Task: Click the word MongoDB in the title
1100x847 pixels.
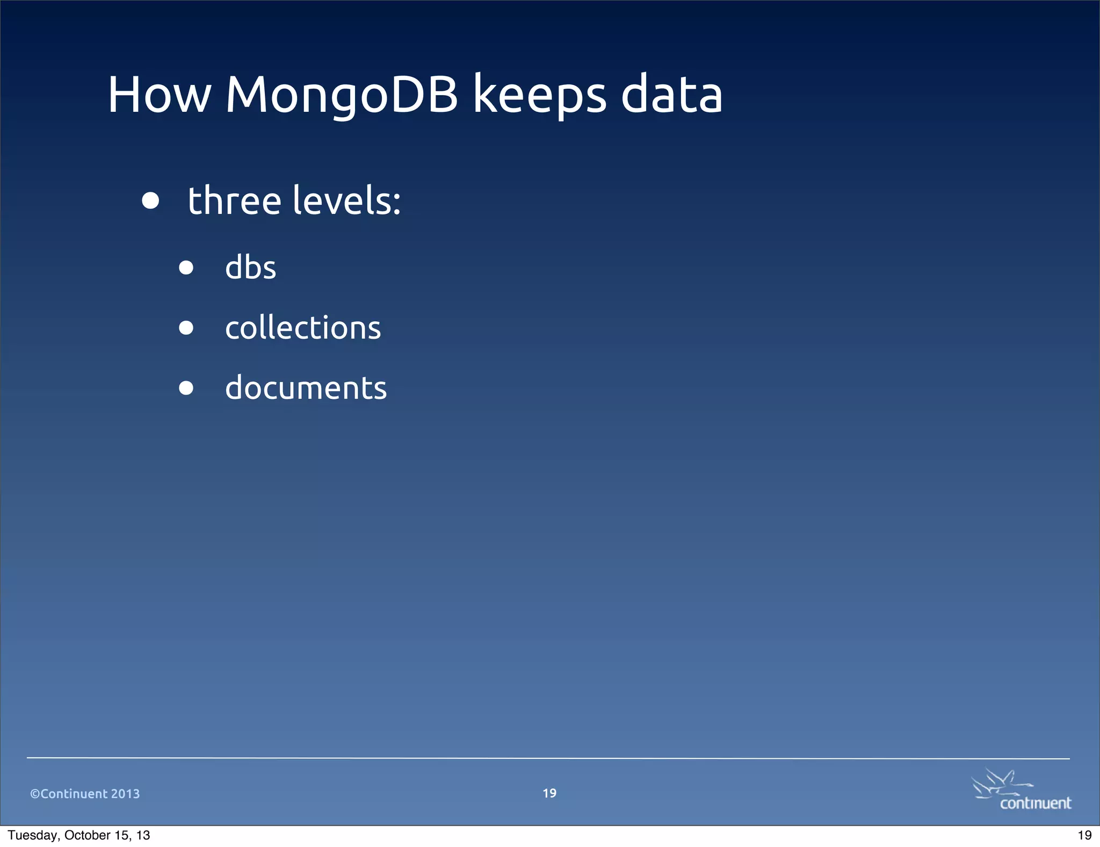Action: click(342, 95)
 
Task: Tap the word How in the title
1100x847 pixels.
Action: click(160, 95)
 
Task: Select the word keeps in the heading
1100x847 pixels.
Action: click(540, 95)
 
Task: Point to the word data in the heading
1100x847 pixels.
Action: click(672, 95)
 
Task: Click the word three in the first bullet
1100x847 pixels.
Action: click(235, 200)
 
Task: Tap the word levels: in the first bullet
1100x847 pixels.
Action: click(347, 200)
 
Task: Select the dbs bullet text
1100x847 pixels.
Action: click(250, 267)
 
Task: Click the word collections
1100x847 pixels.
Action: click(303, 327)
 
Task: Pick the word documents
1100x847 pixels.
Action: click(306, 387)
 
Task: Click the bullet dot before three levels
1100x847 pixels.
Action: click(150, 200)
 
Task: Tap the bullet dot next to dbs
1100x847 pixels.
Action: click(186, 268)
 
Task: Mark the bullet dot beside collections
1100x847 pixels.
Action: click(186, 328)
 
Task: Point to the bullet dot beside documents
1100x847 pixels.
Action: click(186, 388)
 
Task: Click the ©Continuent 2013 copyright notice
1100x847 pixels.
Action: click(85, 794)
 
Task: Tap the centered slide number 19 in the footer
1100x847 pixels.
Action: click(549, 793)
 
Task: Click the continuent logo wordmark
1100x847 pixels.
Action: click(1035, 803)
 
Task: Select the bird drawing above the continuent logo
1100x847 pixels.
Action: click(999, 783)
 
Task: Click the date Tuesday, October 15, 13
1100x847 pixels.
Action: click(79, 835)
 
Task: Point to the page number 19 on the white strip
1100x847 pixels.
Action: click(1084, 835)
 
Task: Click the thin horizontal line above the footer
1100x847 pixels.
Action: click(548, 758)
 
